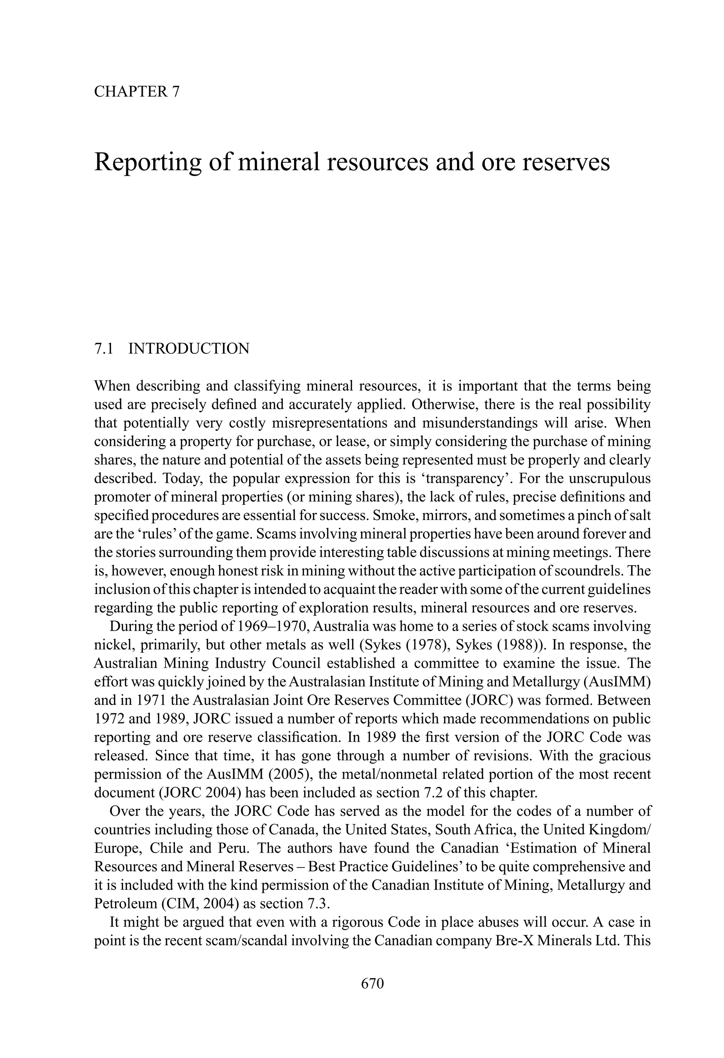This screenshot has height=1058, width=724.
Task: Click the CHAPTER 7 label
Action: click(x=136, y=92)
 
